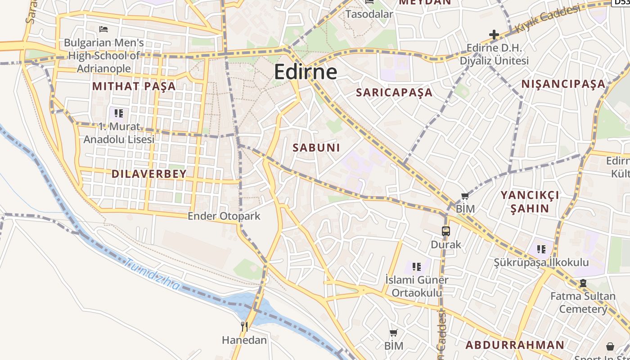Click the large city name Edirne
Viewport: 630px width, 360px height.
click(x=306, y=72)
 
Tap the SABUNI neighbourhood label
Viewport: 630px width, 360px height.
click(x=316, y=148)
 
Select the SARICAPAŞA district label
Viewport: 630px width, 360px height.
click(x=394, y=93)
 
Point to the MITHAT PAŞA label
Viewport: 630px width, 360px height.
click(x=134, y=86)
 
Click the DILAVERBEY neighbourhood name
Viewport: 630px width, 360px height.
click(x=149, y=174)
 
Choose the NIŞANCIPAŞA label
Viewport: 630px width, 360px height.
click(x=563, y=84)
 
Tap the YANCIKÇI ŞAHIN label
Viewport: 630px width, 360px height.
click(x=530, y=202)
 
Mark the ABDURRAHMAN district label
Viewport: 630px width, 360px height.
click(x=515, y=345)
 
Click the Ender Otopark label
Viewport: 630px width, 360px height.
click(x=224, y=216)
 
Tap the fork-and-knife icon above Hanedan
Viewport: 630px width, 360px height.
click(x=244, y=326)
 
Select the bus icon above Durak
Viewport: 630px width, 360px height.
click(x=446, y=231)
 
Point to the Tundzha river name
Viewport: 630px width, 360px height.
click(x=152, y=274)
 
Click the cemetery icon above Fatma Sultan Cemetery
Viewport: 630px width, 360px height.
click(x=583, y=283)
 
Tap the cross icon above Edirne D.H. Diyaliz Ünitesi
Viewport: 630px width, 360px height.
click(x=494, y=34)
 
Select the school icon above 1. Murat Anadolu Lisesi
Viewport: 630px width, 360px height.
click(x=119, y=113)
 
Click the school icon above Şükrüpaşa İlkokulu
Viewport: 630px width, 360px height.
click(x=541, y=249)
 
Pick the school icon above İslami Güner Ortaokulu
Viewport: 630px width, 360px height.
click(x=417, y=267)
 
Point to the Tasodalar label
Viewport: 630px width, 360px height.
click(x=369, y=14)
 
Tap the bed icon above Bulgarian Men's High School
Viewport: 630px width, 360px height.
click(x=103, y=29)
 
